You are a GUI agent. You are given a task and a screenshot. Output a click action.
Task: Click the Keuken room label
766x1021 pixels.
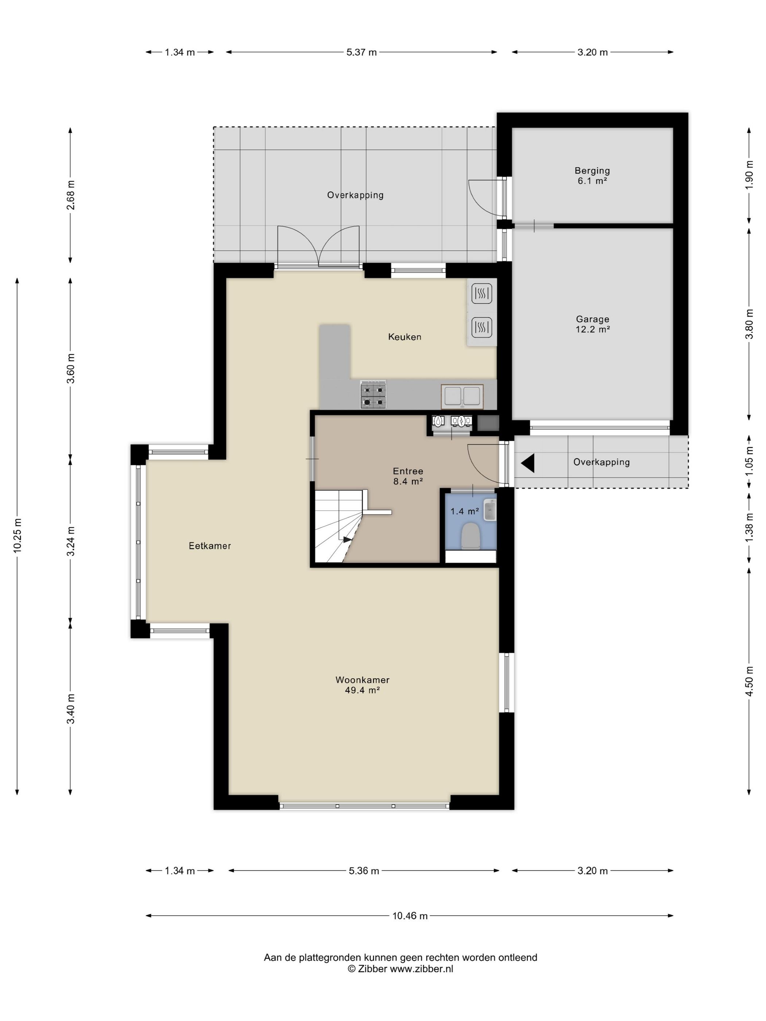pyautogui.click(x=404, y=337)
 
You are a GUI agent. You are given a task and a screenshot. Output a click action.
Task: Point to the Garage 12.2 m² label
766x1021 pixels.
pyautogui.click(x=592, y=324)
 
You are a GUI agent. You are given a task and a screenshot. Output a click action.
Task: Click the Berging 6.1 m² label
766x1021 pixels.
pyautogui.click(x=592, y=176)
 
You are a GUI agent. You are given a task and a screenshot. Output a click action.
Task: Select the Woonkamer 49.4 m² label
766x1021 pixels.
pyautogui.click(x=363, y=685)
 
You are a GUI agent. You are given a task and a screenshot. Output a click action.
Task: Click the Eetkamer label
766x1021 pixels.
pyautogui.click(x=210, y=546)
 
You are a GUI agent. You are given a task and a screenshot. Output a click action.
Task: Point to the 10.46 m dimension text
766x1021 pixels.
pyautogui.click(x=410, y=916)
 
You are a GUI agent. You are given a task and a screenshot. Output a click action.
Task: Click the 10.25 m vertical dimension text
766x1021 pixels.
pyautogui.click(x=18, y=535)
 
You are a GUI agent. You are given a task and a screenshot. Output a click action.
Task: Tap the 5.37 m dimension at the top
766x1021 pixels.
pyautogui.click(x=361, y=52)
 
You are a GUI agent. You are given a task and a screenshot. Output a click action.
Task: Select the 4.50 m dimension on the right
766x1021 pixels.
pyautogui.click(x=749, y=681)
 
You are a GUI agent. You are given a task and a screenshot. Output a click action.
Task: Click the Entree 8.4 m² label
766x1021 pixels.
pyautogui.click(x=408, y=476)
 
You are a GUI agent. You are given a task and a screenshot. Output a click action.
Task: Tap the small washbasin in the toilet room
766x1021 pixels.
pyautogui.click(x=490, y=510)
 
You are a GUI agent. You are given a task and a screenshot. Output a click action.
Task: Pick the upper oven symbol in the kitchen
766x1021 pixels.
pyautogui.click(x=481, y=293)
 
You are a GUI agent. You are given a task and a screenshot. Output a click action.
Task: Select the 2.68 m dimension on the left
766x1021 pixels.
pyautogui.click(x=71, y=194)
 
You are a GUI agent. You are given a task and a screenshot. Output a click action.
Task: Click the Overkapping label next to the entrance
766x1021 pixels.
pyautogui.click(x=601, y=462)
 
